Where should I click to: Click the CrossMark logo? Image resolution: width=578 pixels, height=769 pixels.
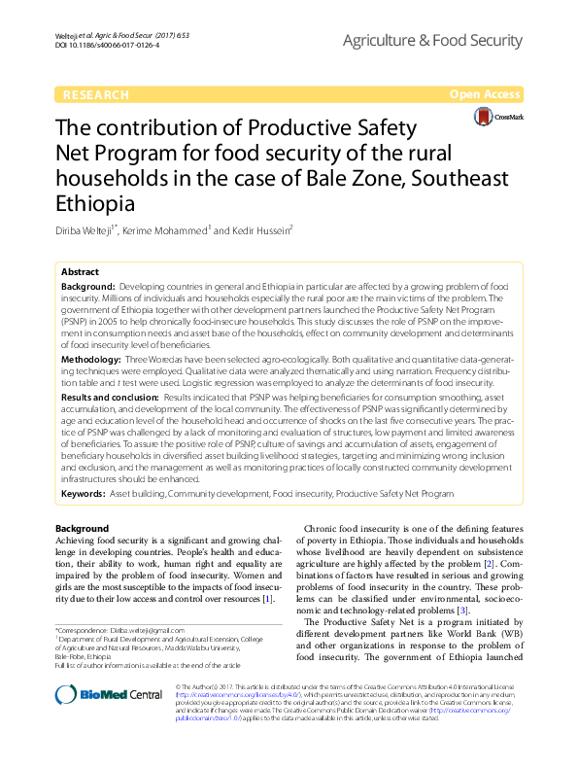(x=496, y=117)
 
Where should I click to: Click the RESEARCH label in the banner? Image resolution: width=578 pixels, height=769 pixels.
(x=94, y=95)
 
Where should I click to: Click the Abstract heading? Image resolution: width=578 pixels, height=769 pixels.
(x=80, y=272)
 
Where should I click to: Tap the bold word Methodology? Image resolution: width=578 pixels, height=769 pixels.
(x=90, y=361)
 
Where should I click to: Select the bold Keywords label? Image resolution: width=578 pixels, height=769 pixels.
(x=83, y=494)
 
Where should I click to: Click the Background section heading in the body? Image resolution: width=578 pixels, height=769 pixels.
(x=82, y=528)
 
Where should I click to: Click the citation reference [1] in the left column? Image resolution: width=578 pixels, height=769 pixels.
(x=267, y=599)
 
